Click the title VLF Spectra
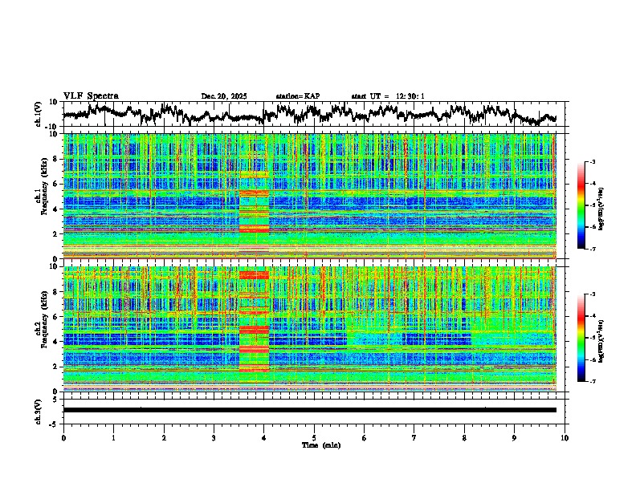pyautogui.click(x=91, y=95)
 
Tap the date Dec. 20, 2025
pyautogui.click(x=224, y=96)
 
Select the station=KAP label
pyautogui.click(x=298, y=96)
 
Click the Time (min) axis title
pyautogui.click(x=314, y=444)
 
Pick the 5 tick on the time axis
pyautogui.click(x=314, y=437)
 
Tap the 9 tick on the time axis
pyautogui.click(x=515, y=437)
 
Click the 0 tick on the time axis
pyautogui.click(x=63, y=437)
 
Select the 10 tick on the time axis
pyautogui.click(x=565, y=437)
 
